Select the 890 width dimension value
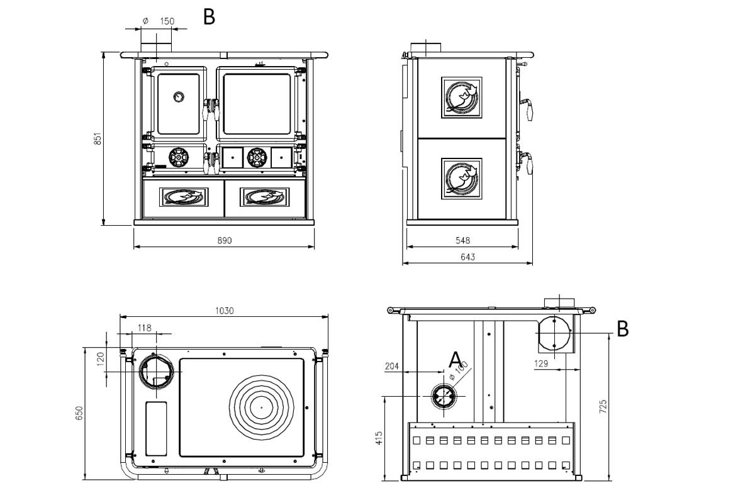pos(225,241)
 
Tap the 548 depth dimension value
pos(462,240)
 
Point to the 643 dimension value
pos(467,257)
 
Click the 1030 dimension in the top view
pos(225,311)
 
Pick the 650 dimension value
pos(79,412)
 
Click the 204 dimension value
pos(391,365)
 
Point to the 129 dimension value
pos(541,363)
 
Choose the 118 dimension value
pos(145,327)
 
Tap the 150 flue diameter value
pos(167,21)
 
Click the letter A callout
pos(455,360)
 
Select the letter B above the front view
pos(210,17)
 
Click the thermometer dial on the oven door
pos(179,97)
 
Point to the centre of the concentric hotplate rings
pos(260,407)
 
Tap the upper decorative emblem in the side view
pos(462,98)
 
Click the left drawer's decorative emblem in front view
pos(184,197)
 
